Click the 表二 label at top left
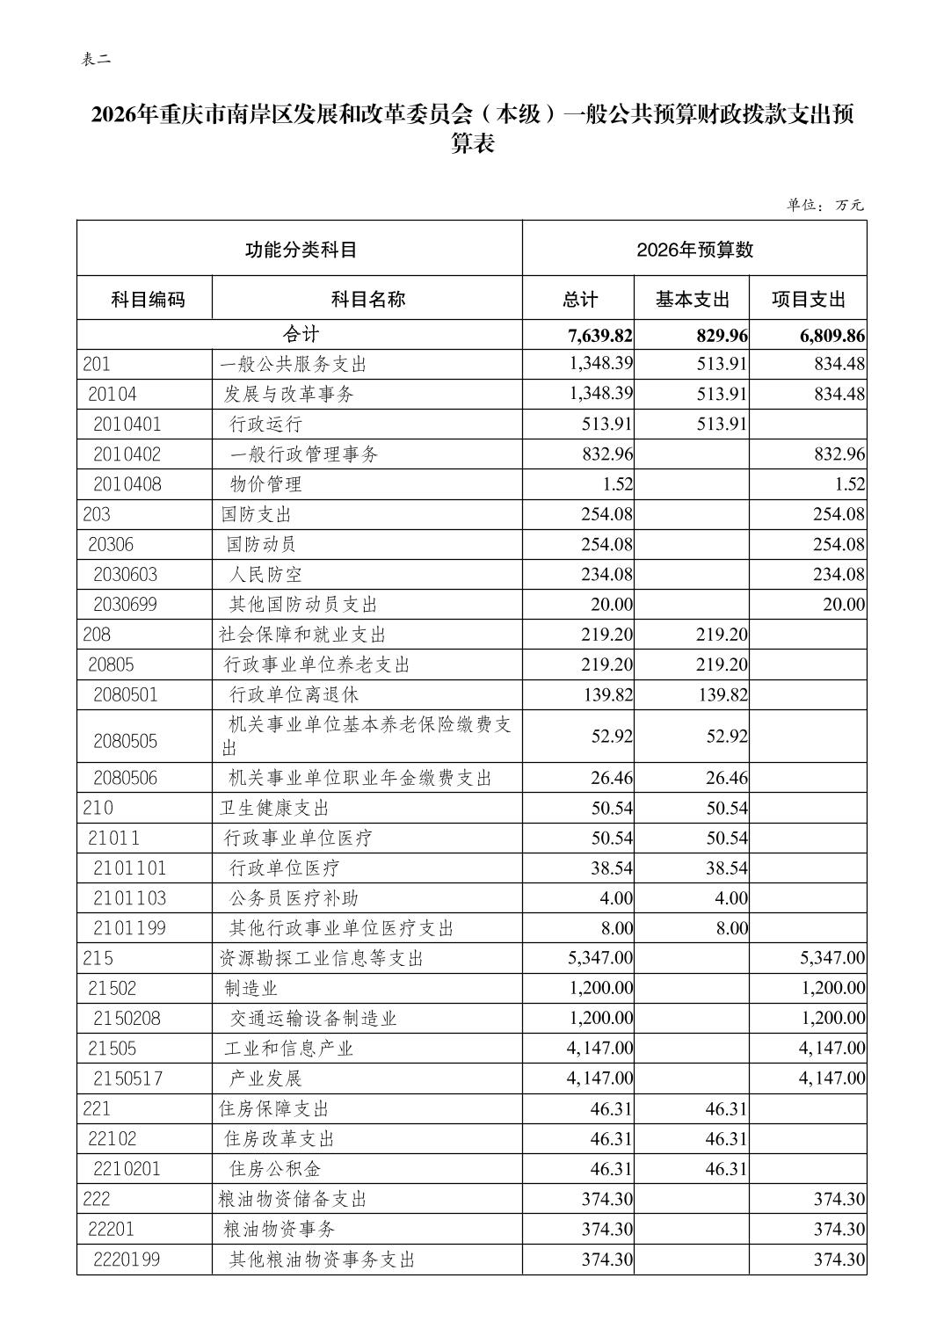[x=96, y=60]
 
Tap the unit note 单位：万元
[x=824, y=205]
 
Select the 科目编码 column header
[x=148, y=299]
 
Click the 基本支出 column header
[x=692, y=299]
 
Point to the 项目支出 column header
[x=808, y=299]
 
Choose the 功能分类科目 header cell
[x=301, y=250]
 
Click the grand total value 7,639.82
[x=600, y=335]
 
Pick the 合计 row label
[x=301, y=335]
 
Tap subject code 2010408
[x=127, y=484]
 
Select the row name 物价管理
[x=265, y=484]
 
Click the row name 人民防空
[x=265, y=575]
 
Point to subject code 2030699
[x=127, y=605]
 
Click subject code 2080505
[x=126, y=741]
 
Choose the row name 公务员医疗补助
[x=294, y=898]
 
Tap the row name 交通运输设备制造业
[x=313, y=1019]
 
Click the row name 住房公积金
[x=275, y=1169]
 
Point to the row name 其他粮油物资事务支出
[x=322, y=1260]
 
